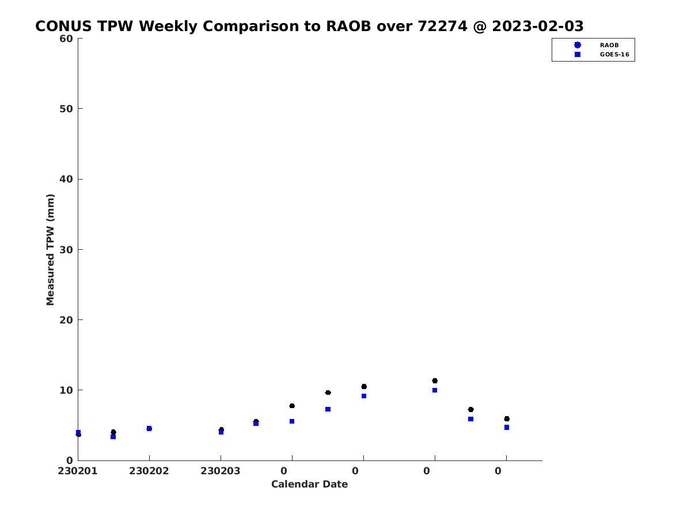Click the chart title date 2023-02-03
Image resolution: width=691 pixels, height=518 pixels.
[537, 26]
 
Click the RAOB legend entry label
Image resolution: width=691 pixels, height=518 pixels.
[609, 45]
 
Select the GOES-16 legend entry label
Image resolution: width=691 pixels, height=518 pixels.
[614, 55]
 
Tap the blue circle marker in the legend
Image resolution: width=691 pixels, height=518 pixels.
[578, 45]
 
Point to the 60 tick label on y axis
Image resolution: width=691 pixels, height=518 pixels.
[66, 39]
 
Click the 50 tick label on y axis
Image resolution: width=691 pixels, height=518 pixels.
[66, 109]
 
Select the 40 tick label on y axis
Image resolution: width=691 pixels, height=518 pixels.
[66, 179]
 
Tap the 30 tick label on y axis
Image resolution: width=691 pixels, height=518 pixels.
[66, 250]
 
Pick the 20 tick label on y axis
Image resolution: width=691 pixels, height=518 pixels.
[66, 320]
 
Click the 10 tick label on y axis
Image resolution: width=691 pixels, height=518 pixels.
[66, 390]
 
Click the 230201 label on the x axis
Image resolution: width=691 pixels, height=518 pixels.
[77, 471]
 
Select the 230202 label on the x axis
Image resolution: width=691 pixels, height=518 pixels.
[149, 471]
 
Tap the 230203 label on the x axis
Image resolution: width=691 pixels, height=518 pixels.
[221, 471]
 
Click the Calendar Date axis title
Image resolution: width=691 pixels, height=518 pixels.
[309, 484]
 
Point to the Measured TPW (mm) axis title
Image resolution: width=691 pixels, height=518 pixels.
[50, 250]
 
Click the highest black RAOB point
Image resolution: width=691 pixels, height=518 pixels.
[435, 381]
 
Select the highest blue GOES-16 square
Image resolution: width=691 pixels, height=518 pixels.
[435, 390]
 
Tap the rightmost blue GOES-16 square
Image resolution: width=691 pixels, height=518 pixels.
[507, 428]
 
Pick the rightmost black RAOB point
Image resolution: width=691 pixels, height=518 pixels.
[507, 419]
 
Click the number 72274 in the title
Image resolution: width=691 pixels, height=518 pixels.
[442, 26]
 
